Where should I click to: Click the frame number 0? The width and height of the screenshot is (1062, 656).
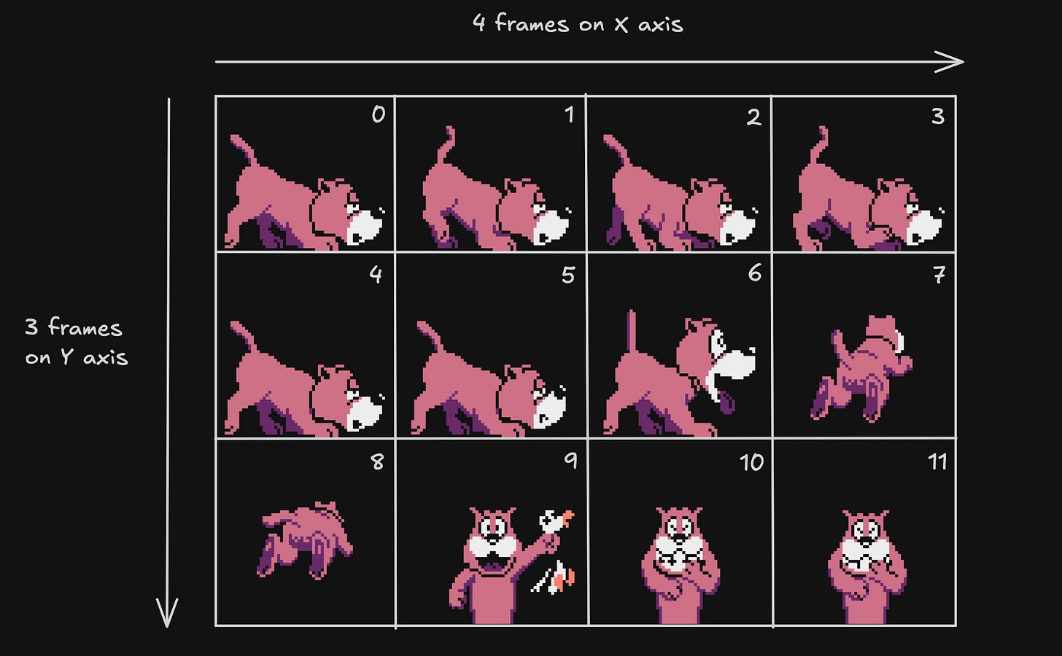(x=379, y=114)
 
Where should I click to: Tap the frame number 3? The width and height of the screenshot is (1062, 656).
(x=938, y=116)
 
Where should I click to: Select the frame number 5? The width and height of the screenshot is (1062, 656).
(x=568, y=276)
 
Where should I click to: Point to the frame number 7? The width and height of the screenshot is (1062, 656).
(x=939, y=274)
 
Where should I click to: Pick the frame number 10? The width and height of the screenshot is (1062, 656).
(x=751, y=462)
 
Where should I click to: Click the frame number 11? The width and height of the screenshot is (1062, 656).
(x=937, y=461)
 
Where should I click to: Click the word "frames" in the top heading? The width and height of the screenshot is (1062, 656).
(x=532, y=23)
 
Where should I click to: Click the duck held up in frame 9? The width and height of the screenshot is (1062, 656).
(x=556, y=521)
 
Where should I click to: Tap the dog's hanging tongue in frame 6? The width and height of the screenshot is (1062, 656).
(x=726, y=402)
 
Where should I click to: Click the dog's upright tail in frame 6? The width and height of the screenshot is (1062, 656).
(x=631, y=332)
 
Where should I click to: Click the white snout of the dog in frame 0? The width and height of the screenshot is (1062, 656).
(x=364, y=227)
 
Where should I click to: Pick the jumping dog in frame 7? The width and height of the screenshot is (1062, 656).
(x=861, y=368)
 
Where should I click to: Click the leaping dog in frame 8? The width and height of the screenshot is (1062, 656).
(x=306, y=540)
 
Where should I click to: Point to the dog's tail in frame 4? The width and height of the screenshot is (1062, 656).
(x=244, y=335)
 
